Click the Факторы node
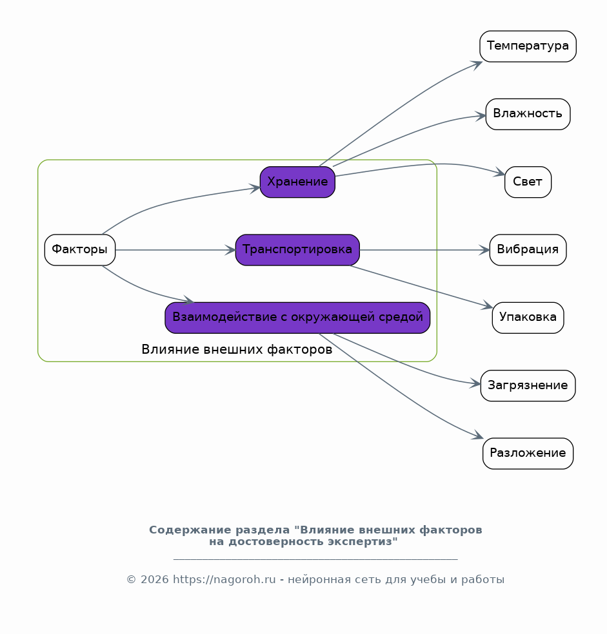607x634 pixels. click(80, 250)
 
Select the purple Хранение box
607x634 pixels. click(297, 182)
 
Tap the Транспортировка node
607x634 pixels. click(297, 250)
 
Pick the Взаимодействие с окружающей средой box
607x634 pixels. click(297, 318)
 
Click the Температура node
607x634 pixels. click(528, 46)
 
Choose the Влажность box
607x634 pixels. click(528, 114)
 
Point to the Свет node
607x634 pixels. click(528, 182)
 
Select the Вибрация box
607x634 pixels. click(528, 250)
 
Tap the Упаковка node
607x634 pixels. click(528, 318)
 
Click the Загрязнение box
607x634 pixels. click(528, 386)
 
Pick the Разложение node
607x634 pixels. click(528, 454)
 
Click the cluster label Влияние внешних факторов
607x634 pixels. click(237, 349)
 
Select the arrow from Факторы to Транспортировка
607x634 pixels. click(175, 250)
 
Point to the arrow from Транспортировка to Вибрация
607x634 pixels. click(425, 250)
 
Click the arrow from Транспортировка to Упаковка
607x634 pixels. click(421, 286)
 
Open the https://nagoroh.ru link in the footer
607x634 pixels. click(224, 580)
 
